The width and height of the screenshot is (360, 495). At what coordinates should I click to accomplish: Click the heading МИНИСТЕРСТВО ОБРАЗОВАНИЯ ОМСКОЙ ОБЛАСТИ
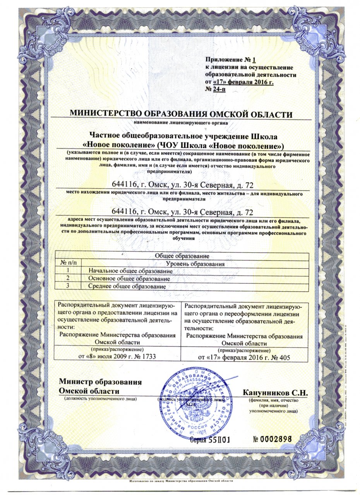(180, 114)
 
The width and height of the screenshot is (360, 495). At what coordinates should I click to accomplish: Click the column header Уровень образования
(195, 263)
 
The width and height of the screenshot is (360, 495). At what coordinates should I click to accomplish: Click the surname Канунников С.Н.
(275, 393)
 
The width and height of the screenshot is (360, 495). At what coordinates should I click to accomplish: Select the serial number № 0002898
(272, 440)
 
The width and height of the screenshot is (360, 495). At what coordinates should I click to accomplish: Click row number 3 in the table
(68, 287)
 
